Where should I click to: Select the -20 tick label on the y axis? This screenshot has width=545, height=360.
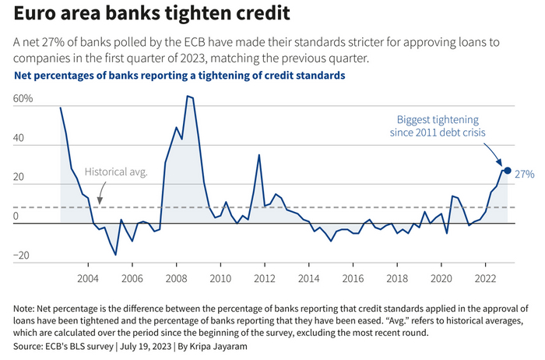click(x=20, y=256)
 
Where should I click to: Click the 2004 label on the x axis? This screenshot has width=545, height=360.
click(x=87, y=278)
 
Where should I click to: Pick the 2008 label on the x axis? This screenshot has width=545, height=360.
click(x=176, y=278)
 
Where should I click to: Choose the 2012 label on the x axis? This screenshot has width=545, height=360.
click(x=265, y=278)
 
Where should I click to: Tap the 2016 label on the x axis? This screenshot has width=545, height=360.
click(x=353, y=278)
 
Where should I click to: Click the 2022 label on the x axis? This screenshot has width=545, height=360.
click(x=486, y=278)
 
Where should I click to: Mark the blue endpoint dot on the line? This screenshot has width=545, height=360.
click(x=508, y=171)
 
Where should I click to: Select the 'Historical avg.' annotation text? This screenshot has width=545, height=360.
click(x=115, y=171)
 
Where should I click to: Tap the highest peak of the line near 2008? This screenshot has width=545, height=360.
click(x=188, y=96)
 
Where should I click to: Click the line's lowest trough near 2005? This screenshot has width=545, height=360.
click(x=115, y=255)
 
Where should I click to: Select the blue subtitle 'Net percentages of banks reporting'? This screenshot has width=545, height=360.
click(x=179, y=76)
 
